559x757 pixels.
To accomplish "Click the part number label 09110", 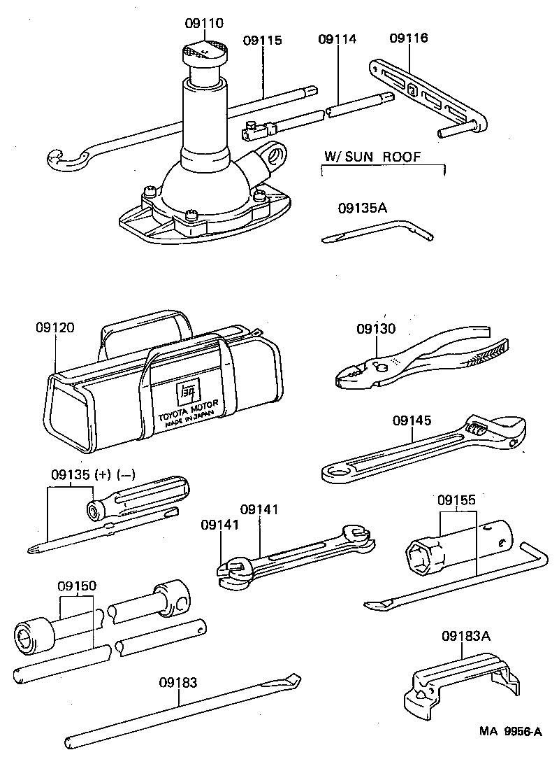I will click(x=204, y=23).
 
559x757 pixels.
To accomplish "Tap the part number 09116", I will click(x=409, y=38).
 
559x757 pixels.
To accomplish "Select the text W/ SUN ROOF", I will click(x=373, y=157).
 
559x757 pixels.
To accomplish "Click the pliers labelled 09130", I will click(x=419, y=357).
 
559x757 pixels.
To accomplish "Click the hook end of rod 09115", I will click(x=61, y=160).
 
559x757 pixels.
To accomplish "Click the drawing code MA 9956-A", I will click(x=510, y=732).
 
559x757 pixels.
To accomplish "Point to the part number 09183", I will click(x=177, y=682).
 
